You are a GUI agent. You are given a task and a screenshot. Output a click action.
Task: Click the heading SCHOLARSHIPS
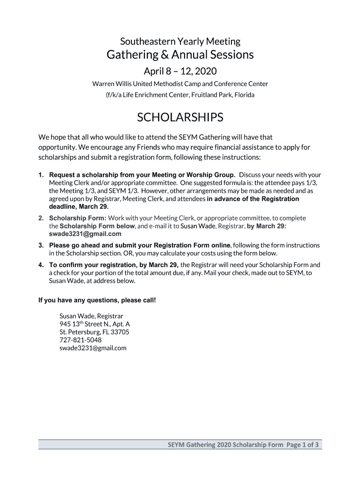180,118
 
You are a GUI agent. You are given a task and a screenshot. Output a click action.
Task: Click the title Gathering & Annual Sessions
180,55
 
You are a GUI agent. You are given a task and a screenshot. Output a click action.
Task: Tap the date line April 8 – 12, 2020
180,72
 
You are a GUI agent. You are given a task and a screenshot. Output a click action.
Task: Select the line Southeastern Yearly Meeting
180,41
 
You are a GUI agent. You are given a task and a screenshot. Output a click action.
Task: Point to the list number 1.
41,175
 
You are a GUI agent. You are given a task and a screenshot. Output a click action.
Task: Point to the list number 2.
41,218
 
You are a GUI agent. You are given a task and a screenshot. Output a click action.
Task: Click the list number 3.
41,245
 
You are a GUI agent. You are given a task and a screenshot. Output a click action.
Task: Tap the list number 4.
41,265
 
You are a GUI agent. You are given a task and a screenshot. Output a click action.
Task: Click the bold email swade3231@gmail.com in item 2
85,234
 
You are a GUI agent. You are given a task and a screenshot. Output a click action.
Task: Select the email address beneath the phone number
93,348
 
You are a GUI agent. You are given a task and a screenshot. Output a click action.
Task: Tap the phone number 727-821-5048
80,340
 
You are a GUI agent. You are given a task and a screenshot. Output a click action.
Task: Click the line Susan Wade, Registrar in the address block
91,316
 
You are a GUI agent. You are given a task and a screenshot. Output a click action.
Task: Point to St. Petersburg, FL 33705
94,332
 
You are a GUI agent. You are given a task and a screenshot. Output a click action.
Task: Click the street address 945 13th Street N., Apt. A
94,324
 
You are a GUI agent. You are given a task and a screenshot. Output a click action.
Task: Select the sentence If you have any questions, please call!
97,300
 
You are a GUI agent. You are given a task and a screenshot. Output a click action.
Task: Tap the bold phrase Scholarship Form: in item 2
78,218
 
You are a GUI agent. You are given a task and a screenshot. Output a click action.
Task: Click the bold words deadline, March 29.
79,206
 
